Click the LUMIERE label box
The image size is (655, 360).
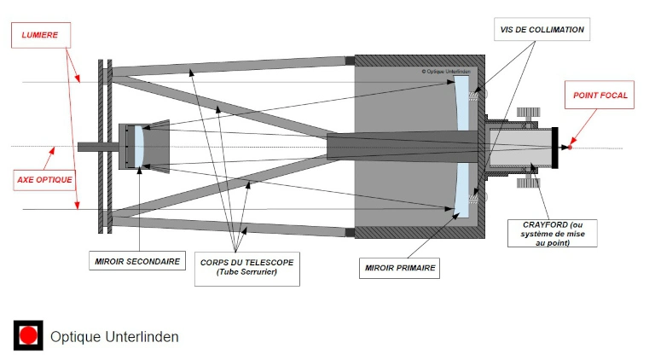[x=40, y=36]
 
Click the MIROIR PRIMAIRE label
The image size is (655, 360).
[x=400, y=268]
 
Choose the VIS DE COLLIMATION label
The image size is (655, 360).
[x=542, y=29]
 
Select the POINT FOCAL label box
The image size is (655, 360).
[x=600, y=96]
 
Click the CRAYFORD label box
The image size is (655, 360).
[x=551, y=233]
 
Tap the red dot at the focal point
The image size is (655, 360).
[x=570, y=148]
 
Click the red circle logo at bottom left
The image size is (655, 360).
[x=28, y=336]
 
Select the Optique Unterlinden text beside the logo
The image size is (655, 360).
[x=114, y=337]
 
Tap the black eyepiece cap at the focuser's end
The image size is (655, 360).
[x=555, y=148]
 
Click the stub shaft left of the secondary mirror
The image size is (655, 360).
[x=94, y=147]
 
